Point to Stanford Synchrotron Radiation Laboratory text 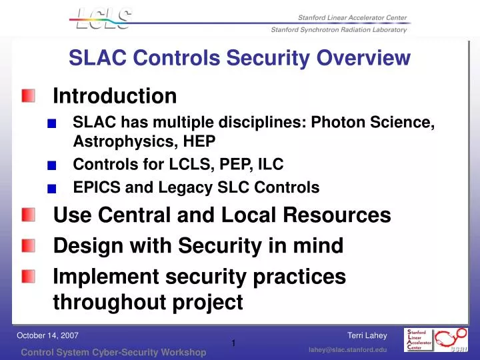[339, 30]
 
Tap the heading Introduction [115, 97]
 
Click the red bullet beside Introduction [27, 97]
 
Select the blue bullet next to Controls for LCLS [61, 165]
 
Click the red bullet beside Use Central [27, 215]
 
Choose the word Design [85, 246]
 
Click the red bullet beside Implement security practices [27, 276]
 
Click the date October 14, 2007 [47, 335]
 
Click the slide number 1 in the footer [234, 343]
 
